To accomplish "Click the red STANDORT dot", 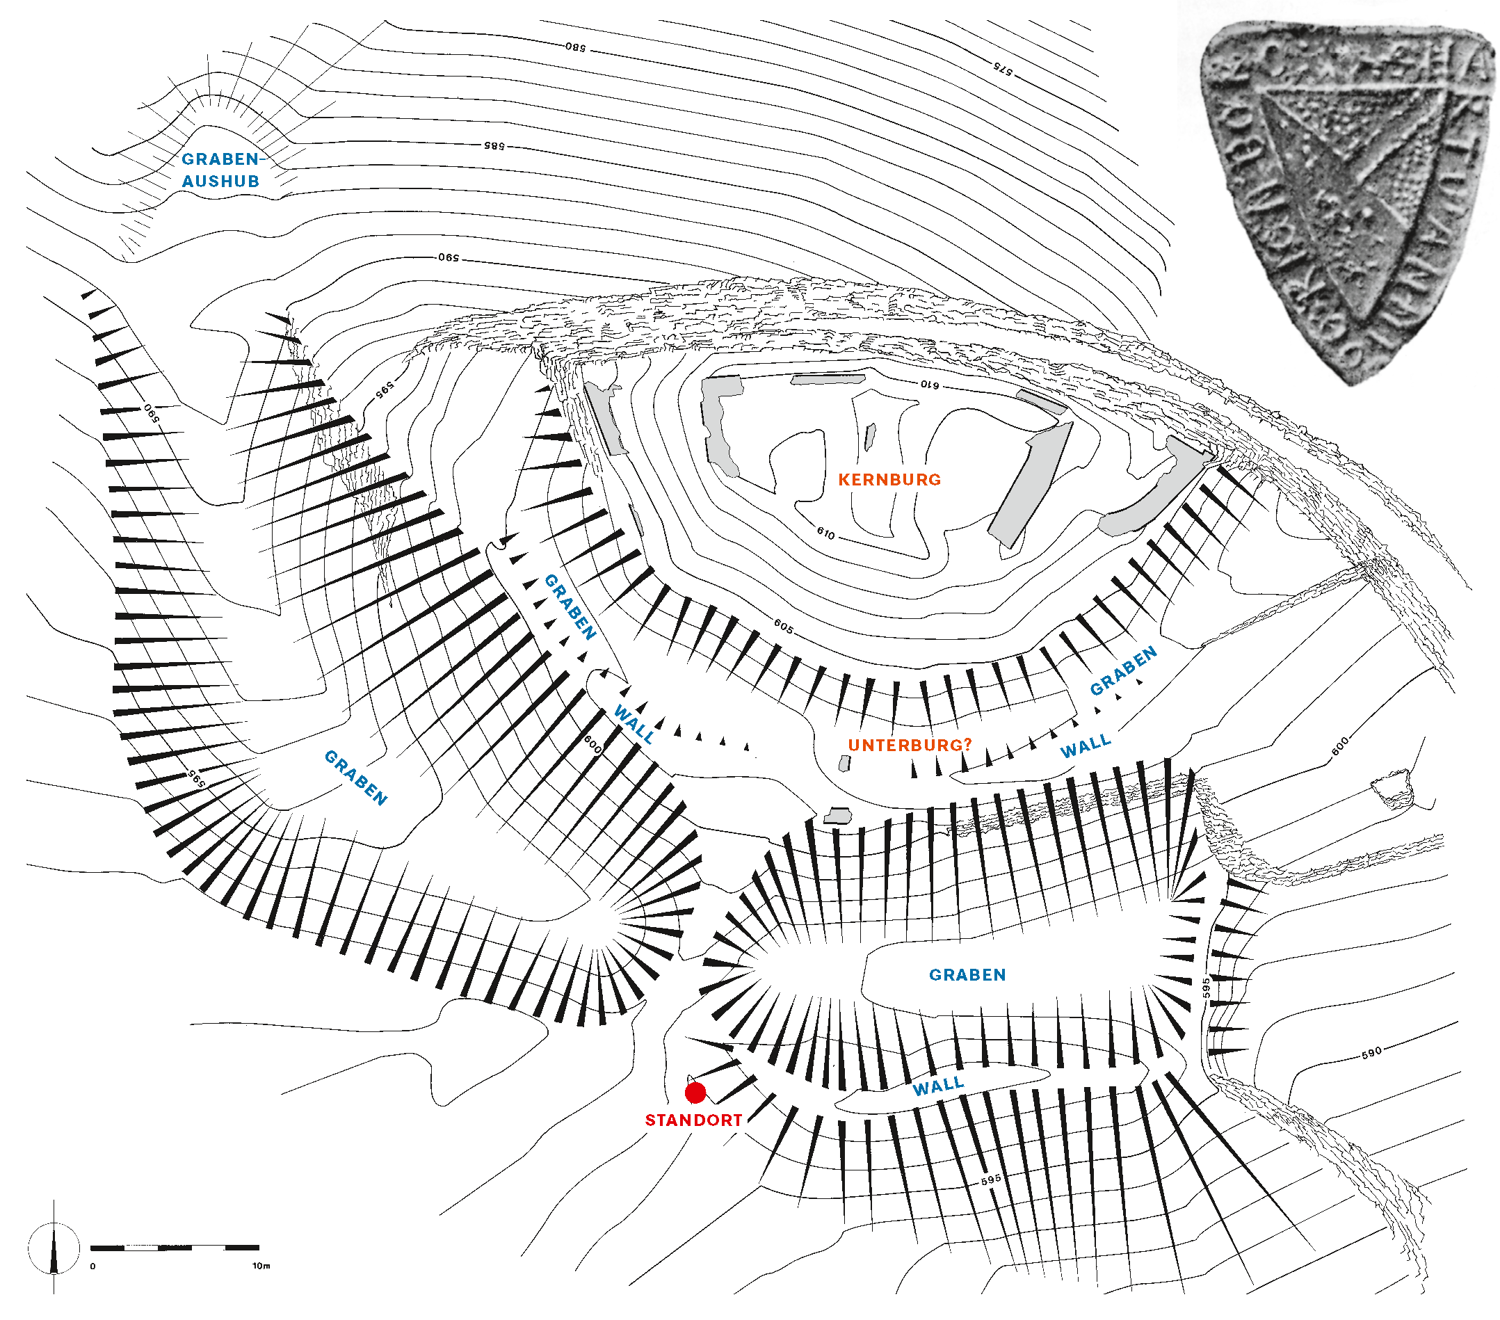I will coord(695,1093).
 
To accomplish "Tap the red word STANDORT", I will coord(693,1120).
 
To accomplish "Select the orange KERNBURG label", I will coord(889,480).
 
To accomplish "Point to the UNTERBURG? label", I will coord(910,746).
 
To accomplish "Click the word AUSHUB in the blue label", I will coord(221,182).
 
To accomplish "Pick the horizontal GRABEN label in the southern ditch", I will coord(967,974).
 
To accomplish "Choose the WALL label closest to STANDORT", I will coord(938,1086).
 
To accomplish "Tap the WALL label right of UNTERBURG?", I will coord(1086,746).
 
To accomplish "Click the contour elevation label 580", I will coord(576,48).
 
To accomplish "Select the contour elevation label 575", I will coord(1003,68).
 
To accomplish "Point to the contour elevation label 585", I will coord(494,146).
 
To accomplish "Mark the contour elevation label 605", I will coord(783,626).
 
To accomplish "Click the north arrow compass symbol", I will coord(54,1250).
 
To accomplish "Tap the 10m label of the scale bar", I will coord(261,1266).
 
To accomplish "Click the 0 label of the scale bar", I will coord(92,1266).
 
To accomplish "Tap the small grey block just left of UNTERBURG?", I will coord(844,764).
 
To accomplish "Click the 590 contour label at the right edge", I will coord(1371,1052).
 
